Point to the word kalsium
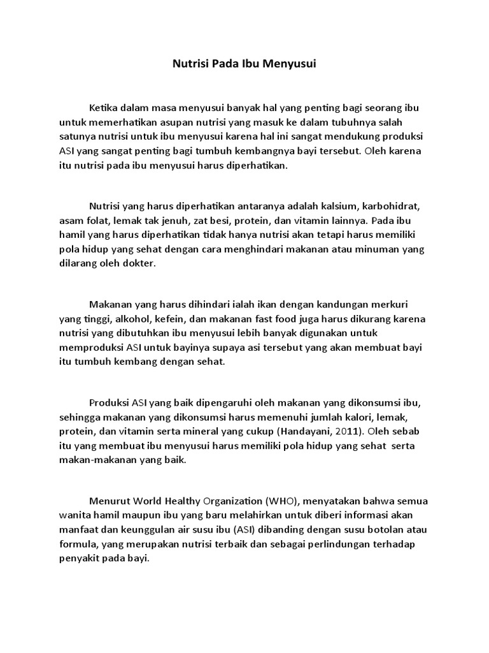tap(343, 207)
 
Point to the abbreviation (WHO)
tap(273, 501)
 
